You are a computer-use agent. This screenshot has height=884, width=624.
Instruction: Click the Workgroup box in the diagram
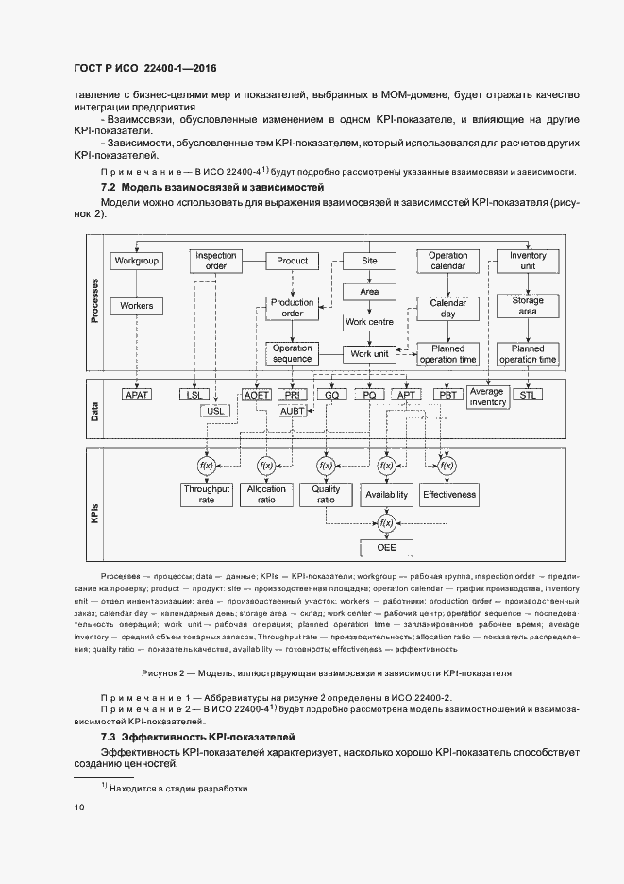[136, 261]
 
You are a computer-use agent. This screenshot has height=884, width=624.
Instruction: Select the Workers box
[136, 306]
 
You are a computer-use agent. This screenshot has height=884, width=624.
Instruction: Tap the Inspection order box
[215, 261]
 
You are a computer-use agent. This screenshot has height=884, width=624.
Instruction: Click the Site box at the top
[369, 261]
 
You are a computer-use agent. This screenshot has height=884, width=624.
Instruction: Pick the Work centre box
[369, 322]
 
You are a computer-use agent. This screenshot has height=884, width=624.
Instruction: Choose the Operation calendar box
[447, 261]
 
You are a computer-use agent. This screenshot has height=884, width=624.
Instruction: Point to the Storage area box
[528, 306]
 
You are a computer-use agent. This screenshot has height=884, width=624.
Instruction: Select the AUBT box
[294, 411]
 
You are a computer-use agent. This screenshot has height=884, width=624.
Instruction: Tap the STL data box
[527, 395]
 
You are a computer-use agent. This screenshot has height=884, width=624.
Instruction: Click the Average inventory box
[488, 397]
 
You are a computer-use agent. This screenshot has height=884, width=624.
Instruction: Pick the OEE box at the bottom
[386, 548]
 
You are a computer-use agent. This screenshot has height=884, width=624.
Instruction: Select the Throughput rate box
[206, 495]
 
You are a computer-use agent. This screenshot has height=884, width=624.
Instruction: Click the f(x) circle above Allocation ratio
[266, 466]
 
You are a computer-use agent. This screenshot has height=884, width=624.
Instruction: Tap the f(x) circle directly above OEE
[386, 520]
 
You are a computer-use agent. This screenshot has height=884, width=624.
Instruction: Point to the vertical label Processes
[95, 301]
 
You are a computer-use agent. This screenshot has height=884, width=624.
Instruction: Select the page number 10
[78, 807]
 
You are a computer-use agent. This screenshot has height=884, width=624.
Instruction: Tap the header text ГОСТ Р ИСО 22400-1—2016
[143, 69]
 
